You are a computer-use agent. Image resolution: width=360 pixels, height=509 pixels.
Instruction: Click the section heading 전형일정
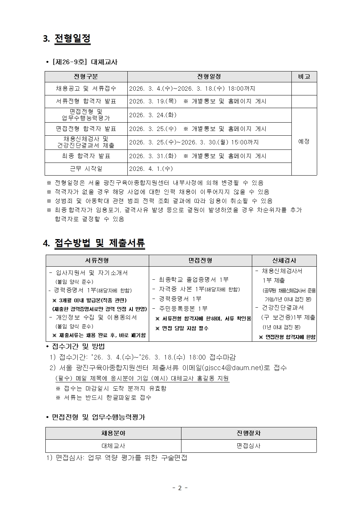pyautogui.click(x=72, y=38)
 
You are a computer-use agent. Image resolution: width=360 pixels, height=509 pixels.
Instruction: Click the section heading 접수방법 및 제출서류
pyautogui.click(x=99, y=243)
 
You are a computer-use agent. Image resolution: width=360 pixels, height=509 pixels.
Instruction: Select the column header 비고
pyautogui.click(x=304, y=77)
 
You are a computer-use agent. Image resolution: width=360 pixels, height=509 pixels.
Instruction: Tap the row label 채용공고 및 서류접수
pyautogui.click(x=86, y=89)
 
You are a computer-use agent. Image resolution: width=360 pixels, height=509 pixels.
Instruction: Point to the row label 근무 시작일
pyautogui.click(x=86, y=169)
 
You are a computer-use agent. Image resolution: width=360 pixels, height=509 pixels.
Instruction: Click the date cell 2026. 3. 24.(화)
pyautogui.click(x=153, y=115)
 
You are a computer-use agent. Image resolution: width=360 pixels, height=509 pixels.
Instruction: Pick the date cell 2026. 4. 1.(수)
pyautogui.click(x=151, y=169)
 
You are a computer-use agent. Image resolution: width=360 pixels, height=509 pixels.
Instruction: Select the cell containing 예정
pyautogui.click(x=304, y=141)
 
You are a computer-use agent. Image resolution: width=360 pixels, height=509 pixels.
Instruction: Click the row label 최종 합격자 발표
pyautogui.click(x=86, y=156)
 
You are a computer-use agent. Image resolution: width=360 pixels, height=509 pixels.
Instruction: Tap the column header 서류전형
pyautogui.click(x=97, y=260)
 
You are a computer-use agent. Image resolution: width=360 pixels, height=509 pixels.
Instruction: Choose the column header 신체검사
pyautogui.click(x=284, y=260)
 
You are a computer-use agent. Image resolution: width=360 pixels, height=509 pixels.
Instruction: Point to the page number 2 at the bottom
pyautogui.click(x=180, y=488)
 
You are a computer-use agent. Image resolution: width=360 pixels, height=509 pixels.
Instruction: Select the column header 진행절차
pyautogui.click(x=249, y=433)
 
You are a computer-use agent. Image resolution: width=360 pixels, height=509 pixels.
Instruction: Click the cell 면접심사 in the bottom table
pyautogui.click(x=249, y=446)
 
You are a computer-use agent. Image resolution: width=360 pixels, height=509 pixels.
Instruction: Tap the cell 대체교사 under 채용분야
pyautogui.click(x=113, y=446)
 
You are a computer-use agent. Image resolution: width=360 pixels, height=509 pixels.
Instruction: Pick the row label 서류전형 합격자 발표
pyautogui.click(x=86, y=101)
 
